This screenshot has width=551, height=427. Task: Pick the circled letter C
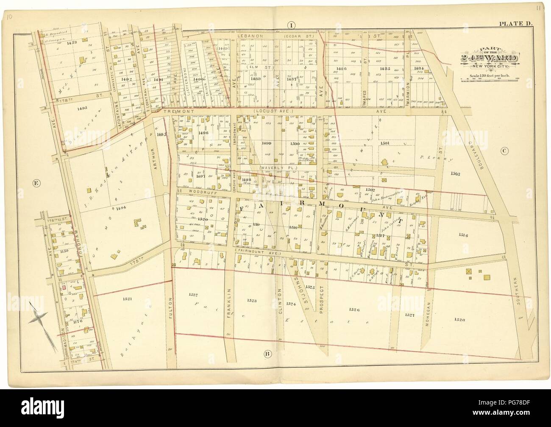point(504,151)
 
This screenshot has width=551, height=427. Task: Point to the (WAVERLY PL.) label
point(274,169)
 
